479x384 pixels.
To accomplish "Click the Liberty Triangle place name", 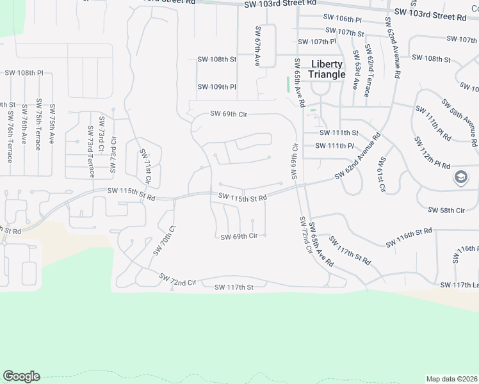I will [x=327, y=69].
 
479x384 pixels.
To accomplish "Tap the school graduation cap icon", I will [x=461, y=177].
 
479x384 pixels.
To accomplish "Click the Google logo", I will [x=21, y=376].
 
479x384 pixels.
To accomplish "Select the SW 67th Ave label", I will [x=257, y=47].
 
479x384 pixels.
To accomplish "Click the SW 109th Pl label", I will [x=216, y=86].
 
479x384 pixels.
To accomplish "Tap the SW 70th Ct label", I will [x=163, y=240].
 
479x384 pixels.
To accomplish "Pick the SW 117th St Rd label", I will [x=350, y=250].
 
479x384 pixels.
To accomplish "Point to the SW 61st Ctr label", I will [x=382, y=174].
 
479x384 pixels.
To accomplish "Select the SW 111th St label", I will [x=339, y=132].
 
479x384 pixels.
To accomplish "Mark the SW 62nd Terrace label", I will [x=368, y=70].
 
